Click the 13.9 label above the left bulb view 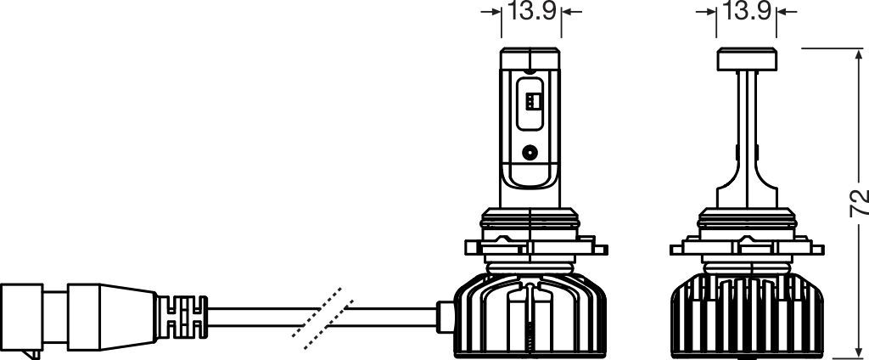pyautogui.click(x=531, y=12)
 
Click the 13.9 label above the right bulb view pyautogui.click(x=747, y=12)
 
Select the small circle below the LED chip pyautogui.click(x=530, y=153)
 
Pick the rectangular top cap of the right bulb pyautogui.click(x=748, y=59)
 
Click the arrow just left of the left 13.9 pyautogui.click(x=491, y=13)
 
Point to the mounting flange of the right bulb pyautogui.click(x=747, y=247)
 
